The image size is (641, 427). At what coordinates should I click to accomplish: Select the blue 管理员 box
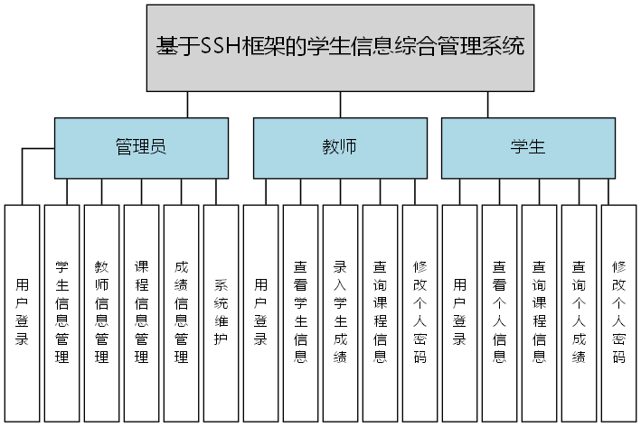(140, 147)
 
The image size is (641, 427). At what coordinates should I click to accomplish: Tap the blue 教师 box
(339, 147)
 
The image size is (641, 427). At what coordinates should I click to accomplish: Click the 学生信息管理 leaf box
(61, 312)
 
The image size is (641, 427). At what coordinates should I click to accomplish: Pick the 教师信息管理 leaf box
(101, 312)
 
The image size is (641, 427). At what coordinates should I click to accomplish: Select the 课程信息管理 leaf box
(141, 312)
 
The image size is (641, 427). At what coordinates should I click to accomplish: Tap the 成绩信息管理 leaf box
(181, 312)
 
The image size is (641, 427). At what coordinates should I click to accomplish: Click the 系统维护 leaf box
(221, 312)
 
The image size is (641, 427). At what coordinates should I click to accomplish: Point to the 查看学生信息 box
(300, 312)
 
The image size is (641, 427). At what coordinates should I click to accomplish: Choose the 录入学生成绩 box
(340, 312)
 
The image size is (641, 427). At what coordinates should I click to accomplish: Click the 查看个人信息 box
(499, 312)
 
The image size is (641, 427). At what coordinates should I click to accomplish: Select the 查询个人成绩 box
(579, 312)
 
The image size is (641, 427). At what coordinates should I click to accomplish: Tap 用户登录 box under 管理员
(22, 312)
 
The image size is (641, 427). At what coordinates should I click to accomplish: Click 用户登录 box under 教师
(260, 312)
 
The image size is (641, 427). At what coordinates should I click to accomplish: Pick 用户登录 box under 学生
(459, 312)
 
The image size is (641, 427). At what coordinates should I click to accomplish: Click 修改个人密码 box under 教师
(419, 312)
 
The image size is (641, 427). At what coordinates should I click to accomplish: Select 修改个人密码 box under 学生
(618, 312)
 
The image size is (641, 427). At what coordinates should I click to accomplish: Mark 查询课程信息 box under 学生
(539, 312)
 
